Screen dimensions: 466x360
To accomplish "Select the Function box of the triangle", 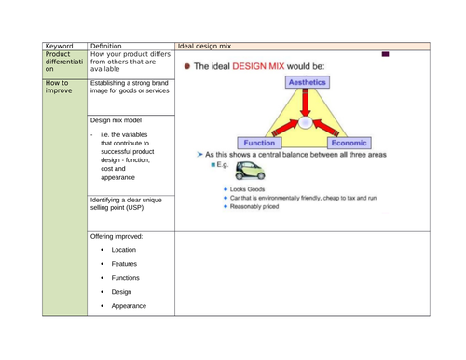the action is point(260,144).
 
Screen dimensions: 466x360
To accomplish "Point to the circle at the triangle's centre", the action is point(304,122).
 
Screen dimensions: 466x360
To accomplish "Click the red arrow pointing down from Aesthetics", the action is point(304,101).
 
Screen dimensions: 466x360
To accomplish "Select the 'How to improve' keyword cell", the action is point(59,89).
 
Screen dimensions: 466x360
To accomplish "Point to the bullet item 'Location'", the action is point(123,250).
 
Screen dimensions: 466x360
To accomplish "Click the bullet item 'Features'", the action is point(123,264).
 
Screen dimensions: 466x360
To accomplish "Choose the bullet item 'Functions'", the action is point(126,278).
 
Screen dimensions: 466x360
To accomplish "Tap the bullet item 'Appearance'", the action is point(129,306).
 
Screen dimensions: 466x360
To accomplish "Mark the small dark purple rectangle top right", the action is point(384,54).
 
